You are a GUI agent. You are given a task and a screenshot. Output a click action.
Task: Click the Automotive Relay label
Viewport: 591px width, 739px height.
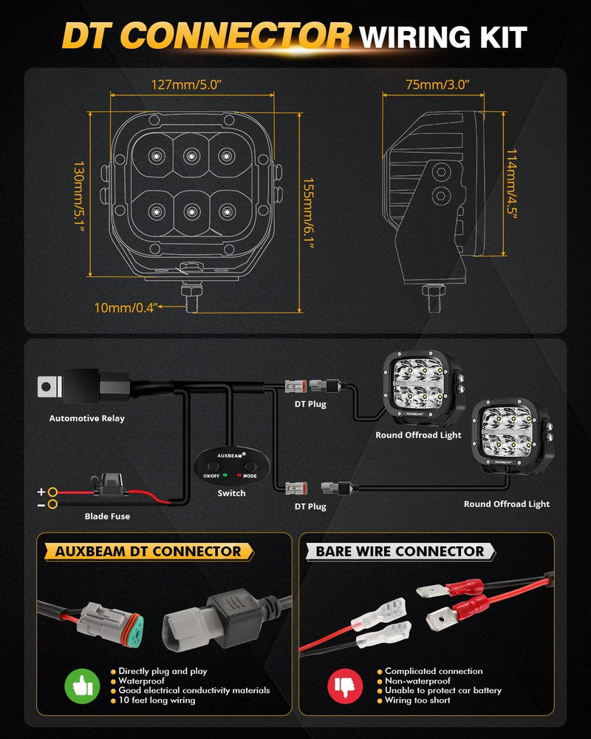87,418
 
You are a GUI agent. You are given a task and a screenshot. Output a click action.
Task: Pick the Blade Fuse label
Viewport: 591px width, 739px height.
107,516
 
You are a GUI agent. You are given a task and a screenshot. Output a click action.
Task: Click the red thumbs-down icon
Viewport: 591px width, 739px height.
346,684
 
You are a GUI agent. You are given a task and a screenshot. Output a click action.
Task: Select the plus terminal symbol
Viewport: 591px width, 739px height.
42,491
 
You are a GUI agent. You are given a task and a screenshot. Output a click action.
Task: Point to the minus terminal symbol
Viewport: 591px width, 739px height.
42,505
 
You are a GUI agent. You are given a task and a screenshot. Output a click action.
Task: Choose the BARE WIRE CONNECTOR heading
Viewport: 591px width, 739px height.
400,551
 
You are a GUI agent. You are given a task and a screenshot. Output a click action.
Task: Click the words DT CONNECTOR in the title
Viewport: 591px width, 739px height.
206,35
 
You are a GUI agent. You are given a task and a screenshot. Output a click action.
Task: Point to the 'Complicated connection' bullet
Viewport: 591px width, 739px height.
434,671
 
